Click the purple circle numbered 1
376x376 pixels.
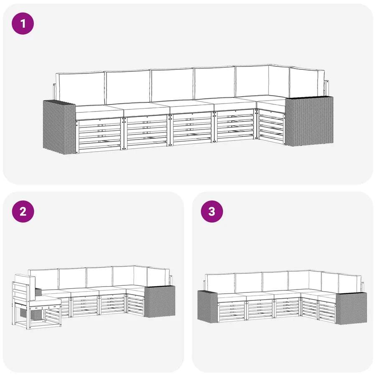click(x=23, y=23)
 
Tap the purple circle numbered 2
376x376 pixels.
click(x=23, y=211)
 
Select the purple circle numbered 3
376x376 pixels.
click(x=212, y=211)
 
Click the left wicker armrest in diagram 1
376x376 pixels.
click(x=59, y=127)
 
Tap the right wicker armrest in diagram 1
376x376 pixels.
click(x=309, y=121)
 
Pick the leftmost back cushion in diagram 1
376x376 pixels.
click(x=80, y=89)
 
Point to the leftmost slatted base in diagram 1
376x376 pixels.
click(x=99, y=135)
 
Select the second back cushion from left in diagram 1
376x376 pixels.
click(x=128, y=86)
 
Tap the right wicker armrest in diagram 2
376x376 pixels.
click(x=160, y=301)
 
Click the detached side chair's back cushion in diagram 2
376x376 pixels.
click(x=25, y=283)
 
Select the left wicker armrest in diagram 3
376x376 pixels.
click(x=208, y=307)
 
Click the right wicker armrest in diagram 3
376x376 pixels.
click(x=351, y=308)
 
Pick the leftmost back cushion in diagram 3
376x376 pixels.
click(x=220, y=283)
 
